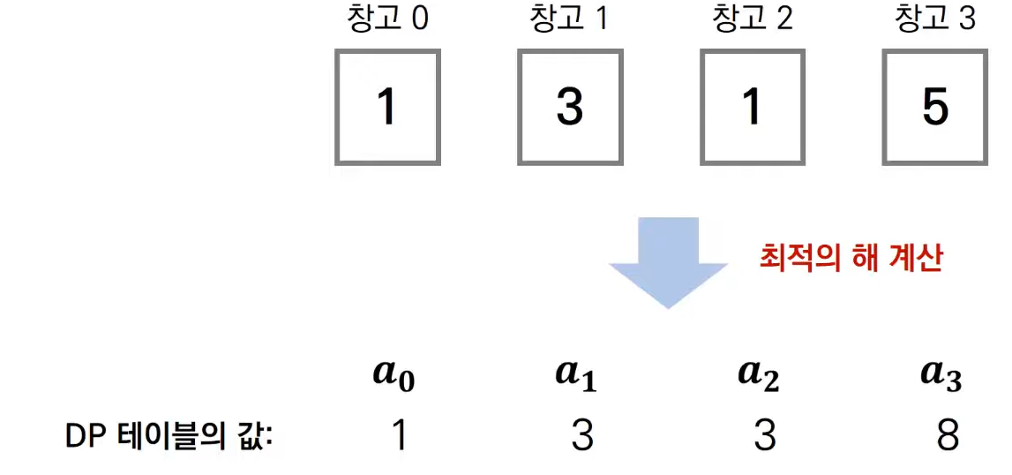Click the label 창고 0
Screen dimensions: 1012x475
(387, 19)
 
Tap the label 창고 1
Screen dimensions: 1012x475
(569, 19)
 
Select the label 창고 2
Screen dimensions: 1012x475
(752, 19)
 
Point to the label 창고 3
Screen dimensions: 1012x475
(935, 19)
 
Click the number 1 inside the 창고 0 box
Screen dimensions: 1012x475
(387, 108)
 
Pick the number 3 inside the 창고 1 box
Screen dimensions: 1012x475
(570, 108)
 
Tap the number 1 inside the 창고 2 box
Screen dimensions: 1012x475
(753, 108)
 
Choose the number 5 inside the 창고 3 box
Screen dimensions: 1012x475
(935, 108)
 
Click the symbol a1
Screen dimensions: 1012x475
(577, 376)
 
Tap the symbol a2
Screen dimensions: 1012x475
(759, 376)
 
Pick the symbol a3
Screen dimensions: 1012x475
(941, 376)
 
